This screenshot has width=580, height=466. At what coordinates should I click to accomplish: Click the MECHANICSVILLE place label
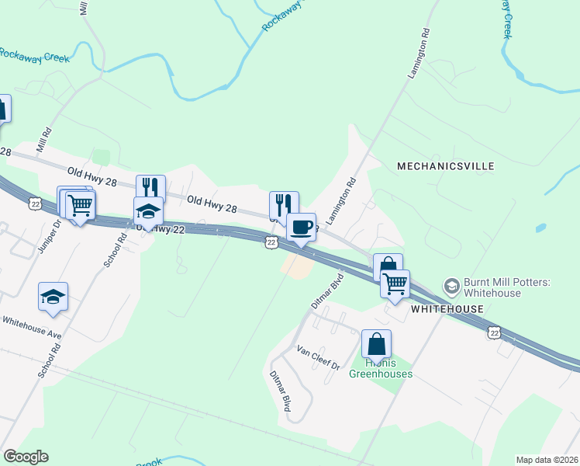[445, 166]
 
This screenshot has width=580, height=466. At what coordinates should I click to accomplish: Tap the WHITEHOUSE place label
[447, 309]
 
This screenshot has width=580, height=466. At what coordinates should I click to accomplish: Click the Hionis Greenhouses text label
[380, 367]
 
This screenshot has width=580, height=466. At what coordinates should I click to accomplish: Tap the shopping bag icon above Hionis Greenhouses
[376, 343]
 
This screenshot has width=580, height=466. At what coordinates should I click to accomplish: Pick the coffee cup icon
[301, 228]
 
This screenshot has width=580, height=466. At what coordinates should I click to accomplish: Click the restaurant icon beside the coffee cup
[284, 205]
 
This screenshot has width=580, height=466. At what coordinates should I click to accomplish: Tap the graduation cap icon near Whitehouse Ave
[53, 297]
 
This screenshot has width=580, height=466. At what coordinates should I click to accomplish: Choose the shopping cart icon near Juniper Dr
[80, 206]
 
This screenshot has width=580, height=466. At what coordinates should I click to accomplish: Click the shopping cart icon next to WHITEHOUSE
[395, 283]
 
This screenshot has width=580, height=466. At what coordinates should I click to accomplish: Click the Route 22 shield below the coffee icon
[269, 242]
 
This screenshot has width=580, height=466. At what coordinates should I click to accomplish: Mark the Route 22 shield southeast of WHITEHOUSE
[494, 332]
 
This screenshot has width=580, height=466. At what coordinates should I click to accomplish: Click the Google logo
[26, 457]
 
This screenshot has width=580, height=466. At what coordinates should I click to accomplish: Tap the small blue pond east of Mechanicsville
[540, 228]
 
